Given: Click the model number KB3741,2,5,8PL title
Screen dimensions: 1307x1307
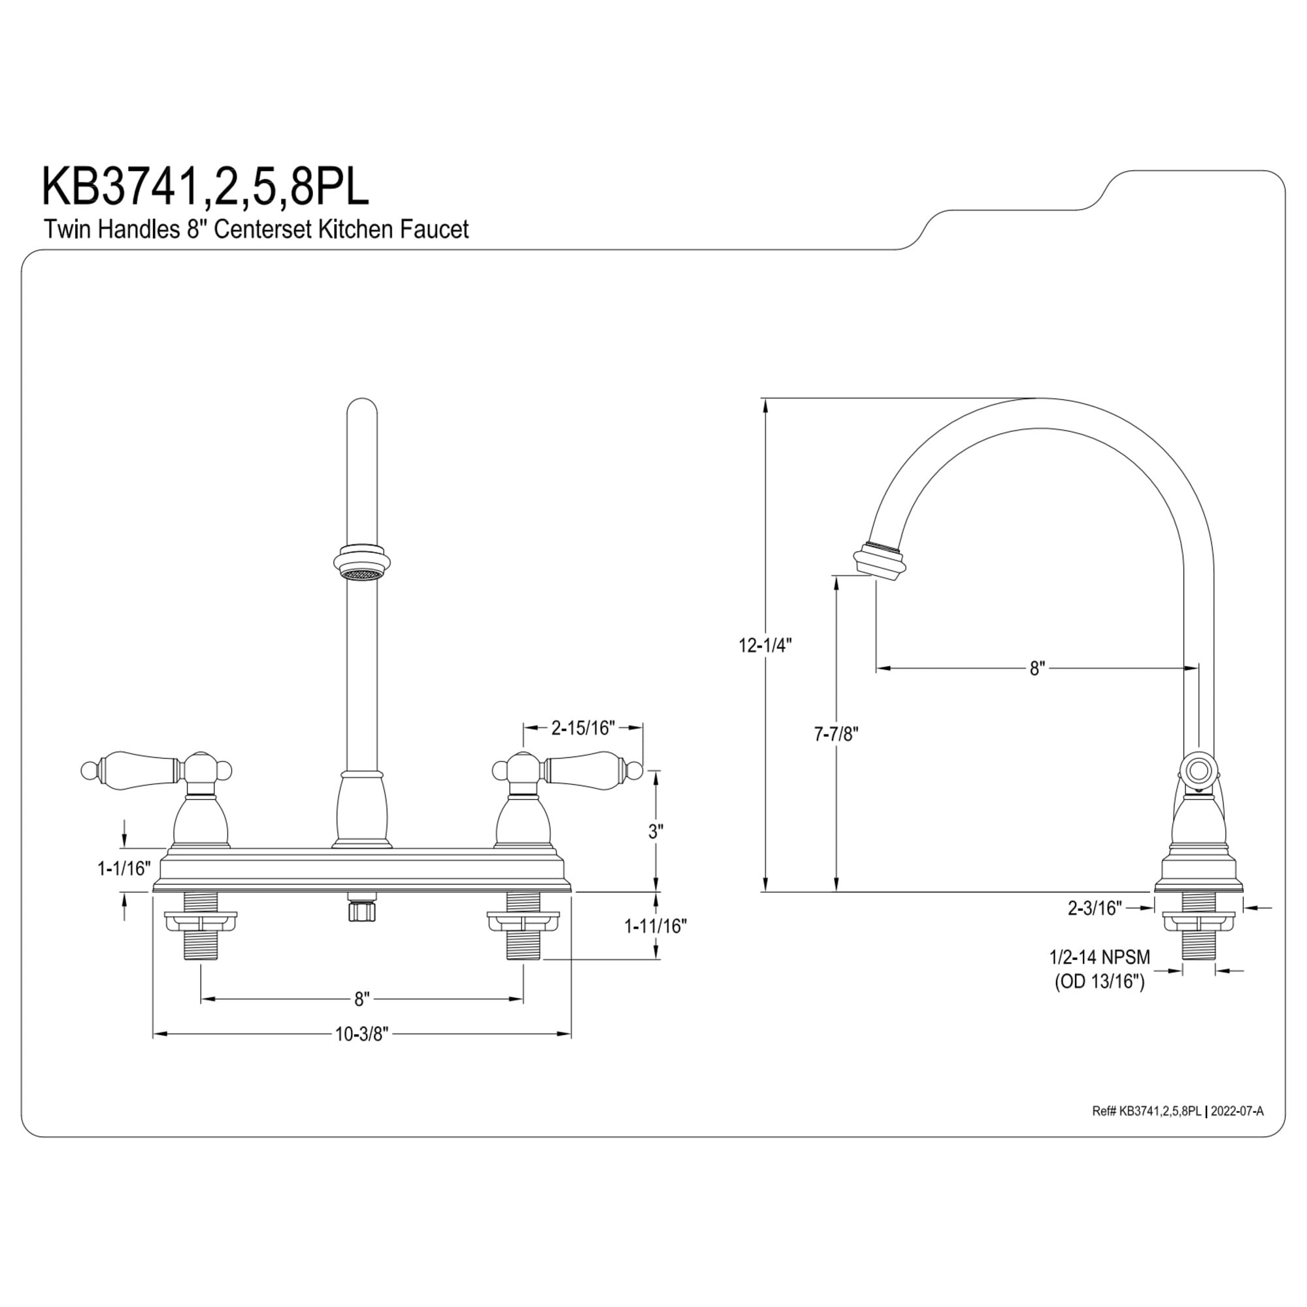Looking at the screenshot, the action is point(206,187).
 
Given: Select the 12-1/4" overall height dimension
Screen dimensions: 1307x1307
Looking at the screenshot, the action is point(765,646).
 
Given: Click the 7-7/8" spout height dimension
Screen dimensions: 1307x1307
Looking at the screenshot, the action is point(836,733).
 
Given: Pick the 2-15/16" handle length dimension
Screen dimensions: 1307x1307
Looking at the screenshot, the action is point(582,728).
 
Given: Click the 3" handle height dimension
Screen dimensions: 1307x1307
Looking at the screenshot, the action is point(655,831).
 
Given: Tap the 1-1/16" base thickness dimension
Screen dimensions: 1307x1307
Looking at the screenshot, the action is point(124,869).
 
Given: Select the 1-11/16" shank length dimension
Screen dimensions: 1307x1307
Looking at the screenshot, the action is point(655,926).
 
